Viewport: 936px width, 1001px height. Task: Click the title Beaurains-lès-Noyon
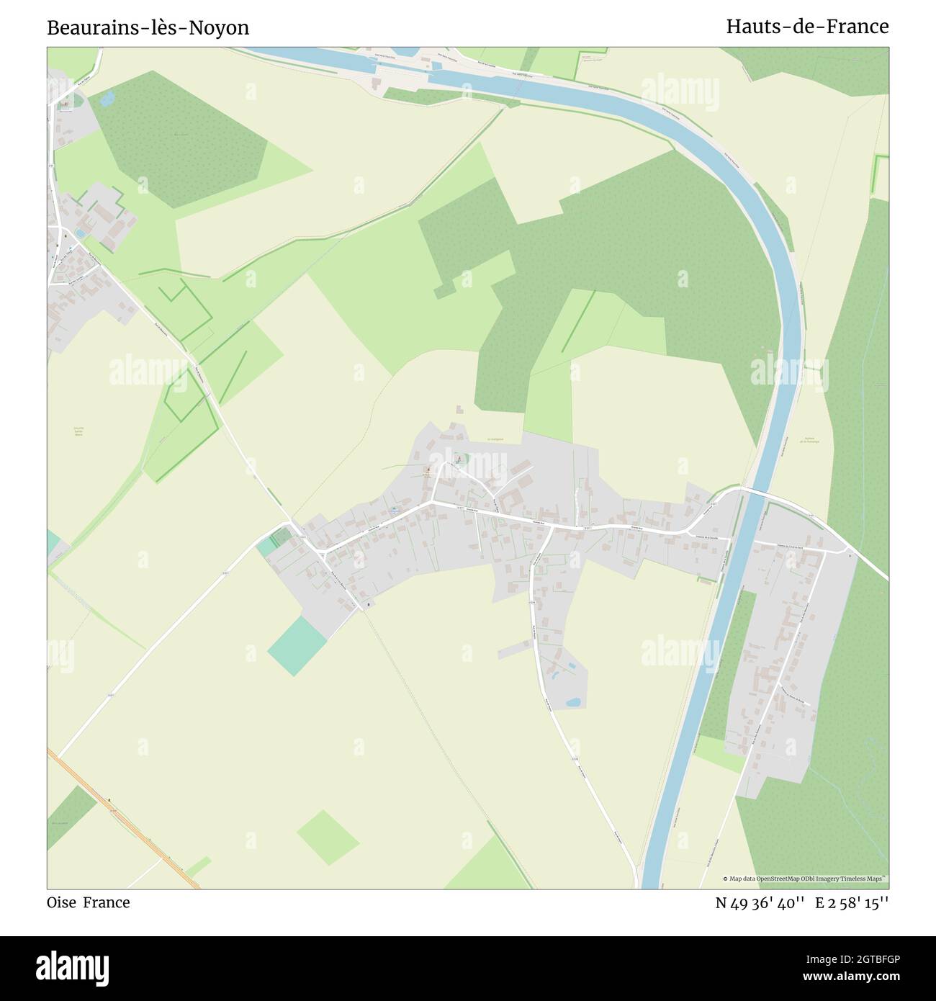coord(148,27)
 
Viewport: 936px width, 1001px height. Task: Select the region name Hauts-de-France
coord(807,27)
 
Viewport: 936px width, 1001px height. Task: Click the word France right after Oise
coord(107,902)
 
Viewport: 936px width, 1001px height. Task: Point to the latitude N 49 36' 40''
coord(760,902)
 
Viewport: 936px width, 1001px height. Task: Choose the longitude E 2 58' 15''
coord(852,902)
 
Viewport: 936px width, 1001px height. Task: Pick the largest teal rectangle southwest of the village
coord(297,645)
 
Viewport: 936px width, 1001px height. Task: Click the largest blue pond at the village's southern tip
coord(573,701)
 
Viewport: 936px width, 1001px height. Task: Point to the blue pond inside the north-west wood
coord(106,100)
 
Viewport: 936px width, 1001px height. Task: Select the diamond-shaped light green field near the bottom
coord(328,838)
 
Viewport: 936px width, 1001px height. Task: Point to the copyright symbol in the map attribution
coord(725,879)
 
